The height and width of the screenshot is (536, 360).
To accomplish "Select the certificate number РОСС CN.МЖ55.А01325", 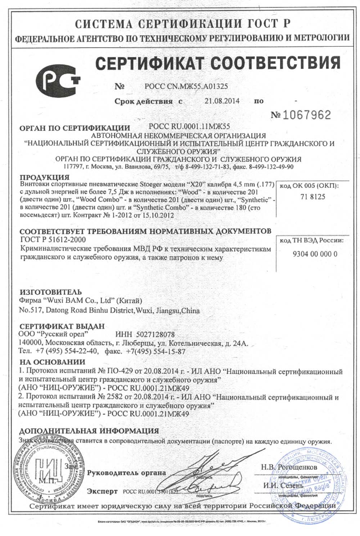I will pos(186,86).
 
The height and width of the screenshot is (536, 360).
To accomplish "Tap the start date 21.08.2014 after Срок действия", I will pos(222,101).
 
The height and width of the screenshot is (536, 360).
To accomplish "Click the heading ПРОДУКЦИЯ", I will pos(44,177).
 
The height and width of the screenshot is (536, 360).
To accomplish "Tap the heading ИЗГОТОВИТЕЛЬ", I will pos(50,292).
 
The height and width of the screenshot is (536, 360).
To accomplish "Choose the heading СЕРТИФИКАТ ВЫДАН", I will pos(62,326).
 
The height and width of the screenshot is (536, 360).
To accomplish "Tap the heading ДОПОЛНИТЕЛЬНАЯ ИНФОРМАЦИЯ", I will pos(89,431).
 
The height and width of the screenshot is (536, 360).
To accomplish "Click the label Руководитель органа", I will pos(127,473).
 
